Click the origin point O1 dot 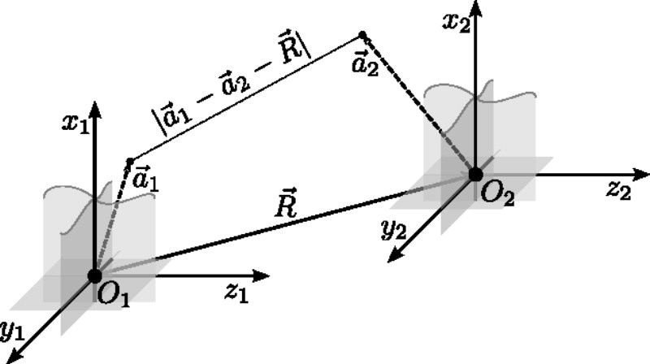(x=94, y=275)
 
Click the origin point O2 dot (x=475, y=173)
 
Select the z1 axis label (x=237, y=293)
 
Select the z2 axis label (x=618, y=191)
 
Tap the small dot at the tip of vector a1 (x=129, y=160)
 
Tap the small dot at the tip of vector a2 (x=362, y=35)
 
